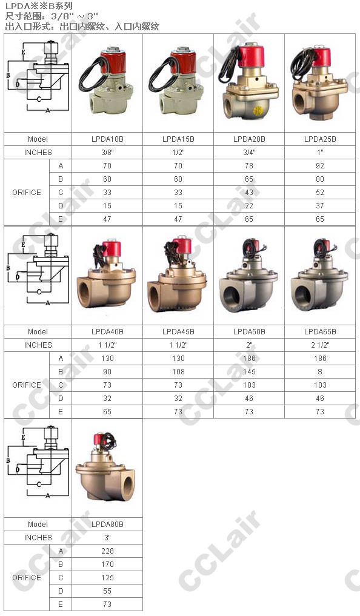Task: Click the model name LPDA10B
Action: point(107,139)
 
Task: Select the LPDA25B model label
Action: point(320,139)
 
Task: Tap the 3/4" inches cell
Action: point(249,153)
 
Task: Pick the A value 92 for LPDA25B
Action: point(320,166)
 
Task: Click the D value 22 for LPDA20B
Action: point(249,206)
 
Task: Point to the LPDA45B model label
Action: point(178,331)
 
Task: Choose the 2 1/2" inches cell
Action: point(320,345)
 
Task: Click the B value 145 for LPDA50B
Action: point(249,372)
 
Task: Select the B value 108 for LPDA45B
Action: point(178,372)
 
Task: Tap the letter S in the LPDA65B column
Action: point(320,372)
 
